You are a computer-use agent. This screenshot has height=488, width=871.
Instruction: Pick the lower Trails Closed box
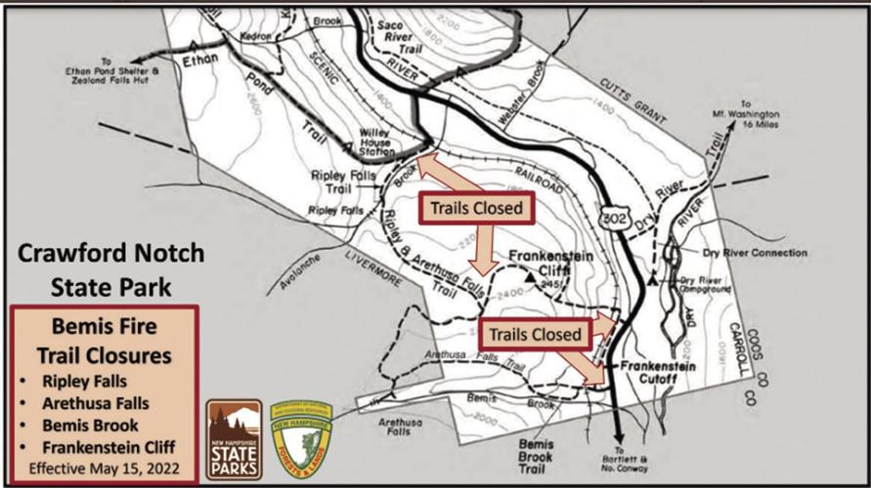[x=536, y=333]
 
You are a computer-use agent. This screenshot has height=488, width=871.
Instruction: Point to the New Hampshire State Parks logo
[x=234, y=439]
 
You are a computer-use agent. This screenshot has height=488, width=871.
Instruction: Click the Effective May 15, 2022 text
[x=105, y=468]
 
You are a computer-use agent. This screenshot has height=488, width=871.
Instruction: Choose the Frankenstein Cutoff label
[x=657, y=373]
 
